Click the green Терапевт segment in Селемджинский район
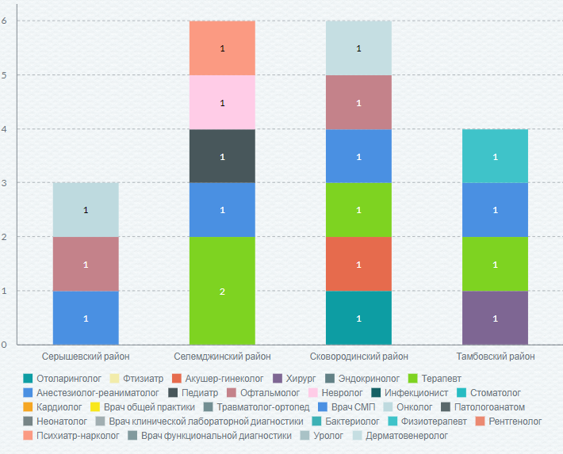click(222, 291)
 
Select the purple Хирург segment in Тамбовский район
click(495, 318)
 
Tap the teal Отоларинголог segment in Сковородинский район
click(358, 318)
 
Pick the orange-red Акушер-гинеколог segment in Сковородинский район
click(358, 264)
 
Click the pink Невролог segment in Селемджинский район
click(222, 102)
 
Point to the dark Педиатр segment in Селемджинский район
click(222, 156)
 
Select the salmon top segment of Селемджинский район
click(222, 48)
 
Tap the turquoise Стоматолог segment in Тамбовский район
click(495, 156)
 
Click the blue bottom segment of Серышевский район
click(86, 318)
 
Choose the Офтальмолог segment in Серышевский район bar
click(86, 264)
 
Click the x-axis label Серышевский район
click(86, 357)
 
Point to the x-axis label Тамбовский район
click(495, 357)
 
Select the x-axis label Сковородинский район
click(358, 357)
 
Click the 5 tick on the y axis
click(5, 75)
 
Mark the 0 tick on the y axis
click(5, 345)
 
